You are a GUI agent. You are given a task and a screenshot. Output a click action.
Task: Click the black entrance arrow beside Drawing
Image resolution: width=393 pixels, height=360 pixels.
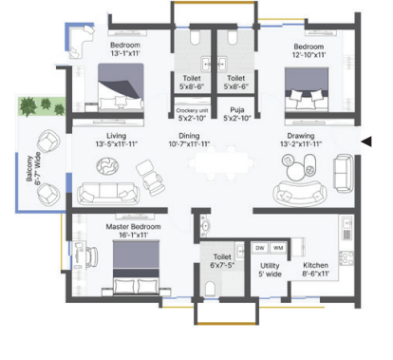[x=366, y=142]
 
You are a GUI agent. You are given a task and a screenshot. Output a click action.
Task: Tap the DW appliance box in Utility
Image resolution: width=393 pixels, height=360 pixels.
[x=260, y=248]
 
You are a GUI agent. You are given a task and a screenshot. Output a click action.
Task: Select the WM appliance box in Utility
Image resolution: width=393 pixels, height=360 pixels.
[x=278, y=248]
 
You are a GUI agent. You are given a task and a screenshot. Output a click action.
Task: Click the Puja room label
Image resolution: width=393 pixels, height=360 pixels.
[x=237, y=110]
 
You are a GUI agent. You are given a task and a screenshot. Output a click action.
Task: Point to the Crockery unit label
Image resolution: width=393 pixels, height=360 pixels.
[x=192, y=110]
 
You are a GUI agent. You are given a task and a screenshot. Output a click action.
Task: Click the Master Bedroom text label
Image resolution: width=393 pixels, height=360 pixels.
[x=133, y=227]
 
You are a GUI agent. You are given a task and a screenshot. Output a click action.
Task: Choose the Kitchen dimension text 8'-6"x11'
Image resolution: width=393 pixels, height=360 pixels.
[x=315, y=274]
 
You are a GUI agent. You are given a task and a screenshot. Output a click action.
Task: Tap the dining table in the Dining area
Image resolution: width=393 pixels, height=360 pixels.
[x=221, y=163]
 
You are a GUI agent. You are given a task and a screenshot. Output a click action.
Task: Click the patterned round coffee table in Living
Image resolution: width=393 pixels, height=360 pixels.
[x=107, y=166]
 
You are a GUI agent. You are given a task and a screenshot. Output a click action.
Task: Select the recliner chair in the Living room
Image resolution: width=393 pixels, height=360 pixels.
[x=150, y=178]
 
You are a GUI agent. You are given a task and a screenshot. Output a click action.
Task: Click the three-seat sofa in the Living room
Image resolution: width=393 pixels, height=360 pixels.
[x=108, y=193]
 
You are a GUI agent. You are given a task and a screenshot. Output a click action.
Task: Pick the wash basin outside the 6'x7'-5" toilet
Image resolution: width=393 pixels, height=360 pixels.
[x=205, y=226]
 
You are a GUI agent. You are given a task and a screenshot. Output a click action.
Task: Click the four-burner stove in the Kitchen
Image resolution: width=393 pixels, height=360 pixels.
[x=346, y=257]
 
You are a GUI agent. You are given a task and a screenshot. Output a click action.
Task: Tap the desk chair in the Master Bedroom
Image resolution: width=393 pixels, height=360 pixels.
[x=93, y=256]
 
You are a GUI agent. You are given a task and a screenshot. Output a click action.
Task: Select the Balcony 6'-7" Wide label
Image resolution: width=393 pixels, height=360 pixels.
[x=33, y=168]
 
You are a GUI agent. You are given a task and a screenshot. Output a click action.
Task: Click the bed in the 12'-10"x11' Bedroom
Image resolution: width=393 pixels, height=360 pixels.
[x=307, y=89]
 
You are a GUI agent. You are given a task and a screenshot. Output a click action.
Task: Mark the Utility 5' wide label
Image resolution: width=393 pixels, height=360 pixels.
[x=270, y=270]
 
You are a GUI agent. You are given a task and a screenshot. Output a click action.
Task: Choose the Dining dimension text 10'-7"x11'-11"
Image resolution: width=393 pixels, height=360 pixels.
[x=189, y=144]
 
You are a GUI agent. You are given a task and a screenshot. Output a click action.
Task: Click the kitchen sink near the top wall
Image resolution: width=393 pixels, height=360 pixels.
[x=347, y=222]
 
